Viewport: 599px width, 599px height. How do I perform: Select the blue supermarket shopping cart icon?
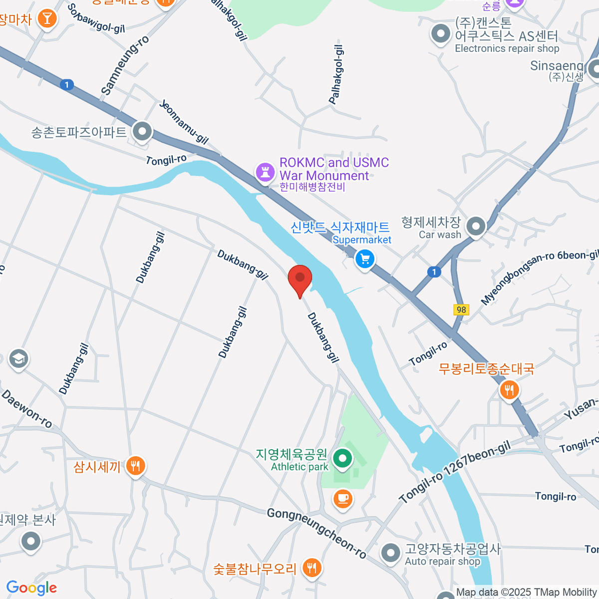(365, 259)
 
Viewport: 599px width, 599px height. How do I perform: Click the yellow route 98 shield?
(461, 309)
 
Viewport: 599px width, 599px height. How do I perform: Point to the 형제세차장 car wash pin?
(476, 226)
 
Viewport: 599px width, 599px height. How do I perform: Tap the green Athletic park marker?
(342, 458)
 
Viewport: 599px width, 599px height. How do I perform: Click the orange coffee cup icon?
(342, 498)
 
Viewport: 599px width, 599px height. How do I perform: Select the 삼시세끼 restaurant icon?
(135, 466)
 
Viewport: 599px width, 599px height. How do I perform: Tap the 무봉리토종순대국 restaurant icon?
(509, 389)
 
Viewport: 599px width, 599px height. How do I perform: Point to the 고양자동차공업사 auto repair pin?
(390, 553)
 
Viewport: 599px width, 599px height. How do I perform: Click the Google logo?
(31, 588)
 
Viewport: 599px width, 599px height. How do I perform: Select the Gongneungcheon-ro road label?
(317, 533)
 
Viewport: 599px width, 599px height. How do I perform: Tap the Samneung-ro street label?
(125, 65)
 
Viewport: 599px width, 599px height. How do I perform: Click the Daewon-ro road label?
(27, 409)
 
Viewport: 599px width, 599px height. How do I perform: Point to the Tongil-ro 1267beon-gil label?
(455, 472)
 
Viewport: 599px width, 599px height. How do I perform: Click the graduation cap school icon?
(19, 358)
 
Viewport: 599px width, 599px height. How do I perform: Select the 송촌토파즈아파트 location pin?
(143, 132)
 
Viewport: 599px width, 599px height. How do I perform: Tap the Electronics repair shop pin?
(440, 34)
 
